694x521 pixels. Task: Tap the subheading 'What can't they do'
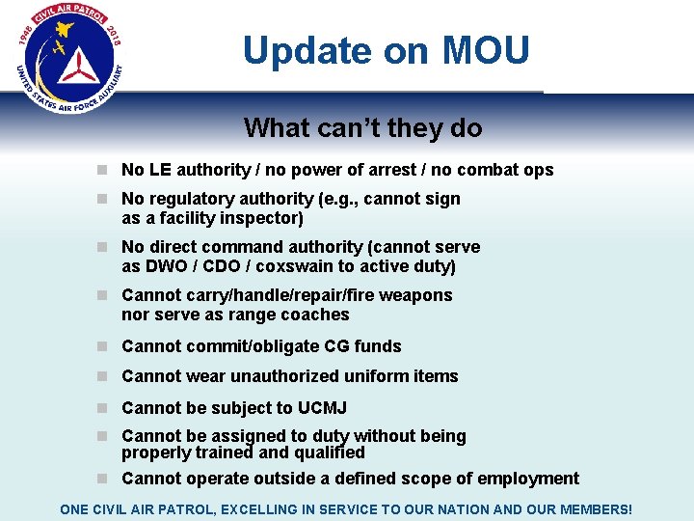(362, 127)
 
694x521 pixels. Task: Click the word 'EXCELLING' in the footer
(280, 508)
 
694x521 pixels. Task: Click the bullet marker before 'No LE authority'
(102, 170)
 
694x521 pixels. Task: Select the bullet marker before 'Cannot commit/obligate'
(102, 346)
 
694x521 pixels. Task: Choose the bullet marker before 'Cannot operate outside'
(102, 479)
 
